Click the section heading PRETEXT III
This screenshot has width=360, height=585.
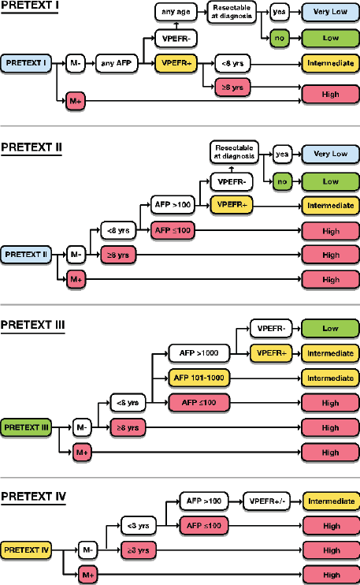coord(33,325)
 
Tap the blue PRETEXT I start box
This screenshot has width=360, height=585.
coord(26,63)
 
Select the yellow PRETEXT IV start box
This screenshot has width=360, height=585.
coord(26,550)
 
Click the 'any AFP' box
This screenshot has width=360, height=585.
coord(117,63)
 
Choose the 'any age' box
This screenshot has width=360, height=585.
coord(176,12)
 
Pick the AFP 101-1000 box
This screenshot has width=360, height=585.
coord(199,378)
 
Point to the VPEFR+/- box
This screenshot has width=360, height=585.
coord(267,501)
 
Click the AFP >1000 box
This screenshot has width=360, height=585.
coord(199,353)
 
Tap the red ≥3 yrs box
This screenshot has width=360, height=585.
coord(139,550)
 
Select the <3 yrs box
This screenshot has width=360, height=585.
coord(139,526)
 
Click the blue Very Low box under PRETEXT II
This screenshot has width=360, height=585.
coord(331,154)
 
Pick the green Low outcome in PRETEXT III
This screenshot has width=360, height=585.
coord(330,329)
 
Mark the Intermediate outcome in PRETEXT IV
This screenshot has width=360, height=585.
coord(332,501)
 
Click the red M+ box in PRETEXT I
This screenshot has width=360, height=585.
coord(76,101)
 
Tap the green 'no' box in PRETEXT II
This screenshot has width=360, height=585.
coord(282,181)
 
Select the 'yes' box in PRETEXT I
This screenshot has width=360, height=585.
coord(279,12)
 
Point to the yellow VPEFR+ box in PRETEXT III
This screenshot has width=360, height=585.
coord(271,353)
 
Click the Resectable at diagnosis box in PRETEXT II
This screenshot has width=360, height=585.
coord(234,152)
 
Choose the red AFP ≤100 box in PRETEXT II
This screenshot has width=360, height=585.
coord(173,230)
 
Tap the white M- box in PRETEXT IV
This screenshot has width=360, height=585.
coord(87,550)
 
